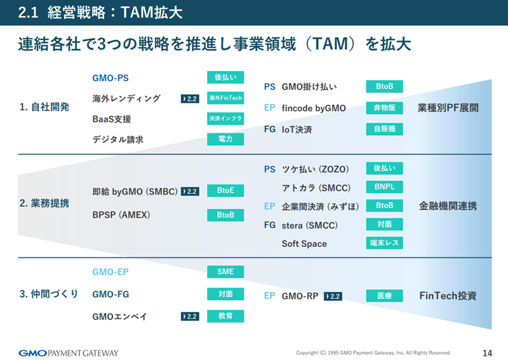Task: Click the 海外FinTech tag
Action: click(x=225, y=98)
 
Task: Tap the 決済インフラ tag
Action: click(x=225, y=119)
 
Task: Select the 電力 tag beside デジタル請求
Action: click(x=225, y=139)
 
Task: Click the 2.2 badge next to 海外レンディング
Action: click(x=190, y=99)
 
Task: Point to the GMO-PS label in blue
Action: click(x=110, y=78)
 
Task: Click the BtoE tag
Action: click(x=225, y=190)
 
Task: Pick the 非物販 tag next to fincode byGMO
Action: click(x=385, y=108)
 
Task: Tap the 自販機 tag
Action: click(x=385, y=129)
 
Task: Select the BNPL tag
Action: click(x=385, y=187)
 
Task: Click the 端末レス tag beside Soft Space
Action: click(x=385, y=243)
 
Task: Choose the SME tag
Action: click(x=225, y=272)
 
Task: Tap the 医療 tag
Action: click(x=385, y=296)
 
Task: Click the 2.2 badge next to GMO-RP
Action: click(x=333, y=297)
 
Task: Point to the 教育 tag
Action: click(x=225, y=316)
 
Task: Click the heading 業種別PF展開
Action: click(x=448, y=108)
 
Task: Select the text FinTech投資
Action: click(x=448, y=296)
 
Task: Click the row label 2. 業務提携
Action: click(x=44, y=204)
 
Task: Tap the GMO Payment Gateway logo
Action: click(x=69, y=353)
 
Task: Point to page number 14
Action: click(x=487, y=353)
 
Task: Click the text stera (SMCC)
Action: click(x=310, y=225)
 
